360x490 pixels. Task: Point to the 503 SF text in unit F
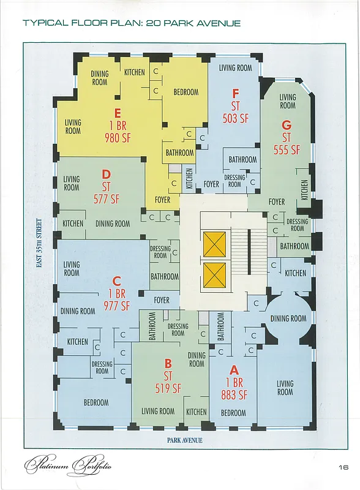[x=235, y=118]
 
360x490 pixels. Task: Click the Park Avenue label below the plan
[x=184, y=440]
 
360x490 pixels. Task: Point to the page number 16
[x=343, y=467]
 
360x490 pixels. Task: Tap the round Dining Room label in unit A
[x=288, y=318]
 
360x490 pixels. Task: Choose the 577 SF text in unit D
[x=106, y=198]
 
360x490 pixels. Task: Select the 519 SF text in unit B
[x=168, y=388]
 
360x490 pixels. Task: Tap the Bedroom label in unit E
[x=186, y=92]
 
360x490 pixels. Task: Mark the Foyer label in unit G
[x=277, y=202]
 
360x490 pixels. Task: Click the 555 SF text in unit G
[x=287, y=149]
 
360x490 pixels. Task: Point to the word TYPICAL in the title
[x=45, y=23]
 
